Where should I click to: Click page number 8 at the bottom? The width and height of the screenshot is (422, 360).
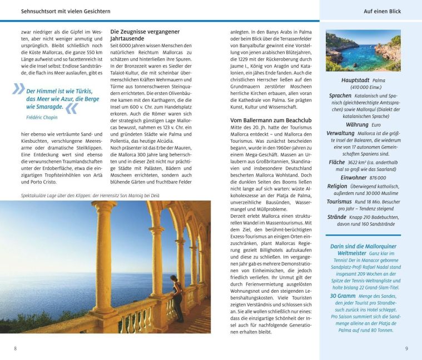15,348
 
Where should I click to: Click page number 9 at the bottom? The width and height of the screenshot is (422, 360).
406,348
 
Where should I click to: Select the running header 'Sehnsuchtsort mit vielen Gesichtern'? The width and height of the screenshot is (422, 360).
66,11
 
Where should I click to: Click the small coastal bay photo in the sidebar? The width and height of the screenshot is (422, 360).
363,50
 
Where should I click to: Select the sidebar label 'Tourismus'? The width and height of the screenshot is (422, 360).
339,201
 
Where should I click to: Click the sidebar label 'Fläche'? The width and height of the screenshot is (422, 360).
337,163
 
